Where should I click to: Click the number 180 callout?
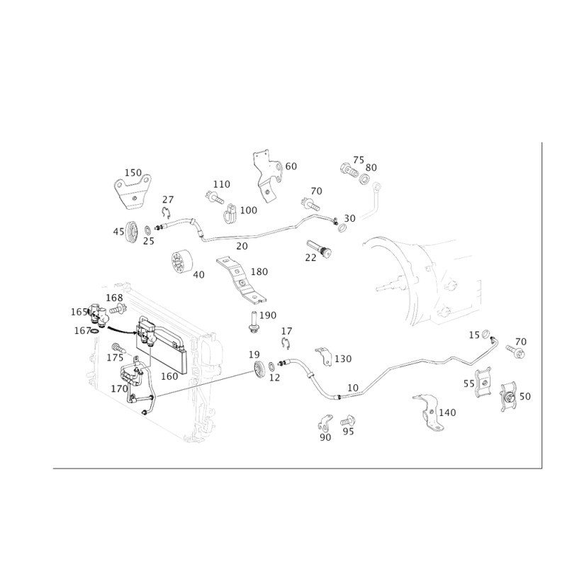tap(259, 271)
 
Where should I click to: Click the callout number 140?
tap(448, 412)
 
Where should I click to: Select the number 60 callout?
tap(291, 166)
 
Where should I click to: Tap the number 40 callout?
tap(198, 274)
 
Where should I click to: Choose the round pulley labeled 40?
tap(181, 264)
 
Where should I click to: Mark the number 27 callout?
tap(168, 198)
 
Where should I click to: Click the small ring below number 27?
tap(166, 210)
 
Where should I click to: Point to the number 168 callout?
tap(113, 298)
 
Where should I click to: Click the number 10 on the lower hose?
tap(353, 388)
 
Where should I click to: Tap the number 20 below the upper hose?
tap(242, 245)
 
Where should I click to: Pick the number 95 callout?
tap(347, 431)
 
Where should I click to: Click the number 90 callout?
tap(325, 439)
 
